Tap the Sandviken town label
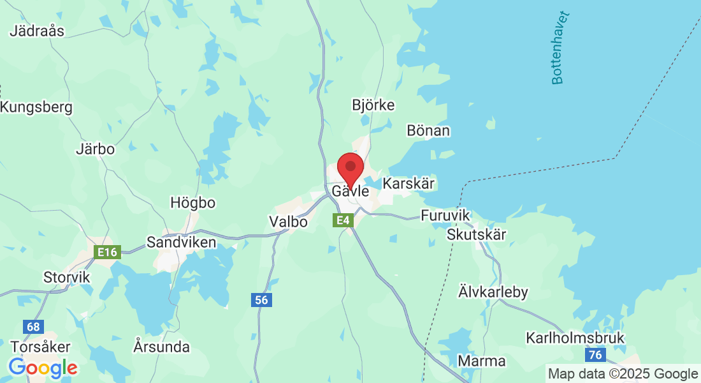(x=181, y=243)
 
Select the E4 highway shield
(x=343, y=220)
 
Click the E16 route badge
(x=106, y=252)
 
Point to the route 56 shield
(x=261, y=300)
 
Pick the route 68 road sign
(x=33, y=327)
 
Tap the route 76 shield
(x=596, y=355)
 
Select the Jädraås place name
(x=37, y=31)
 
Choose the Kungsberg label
(x=36, y=107)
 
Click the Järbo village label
(x=95, y=149)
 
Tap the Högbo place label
(x=192, y=203)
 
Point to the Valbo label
(x=288, y=222)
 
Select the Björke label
(x=373, y=105)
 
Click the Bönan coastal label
(x=428, y=131)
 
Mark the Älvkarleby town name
(x=493, y=292)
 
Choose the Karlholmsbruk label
(x=575, y=338)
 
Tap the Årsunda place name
(x=162, y=347)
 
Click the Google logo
(x=43, y=368)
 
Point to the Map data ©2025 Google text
(x=623, y=374)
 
